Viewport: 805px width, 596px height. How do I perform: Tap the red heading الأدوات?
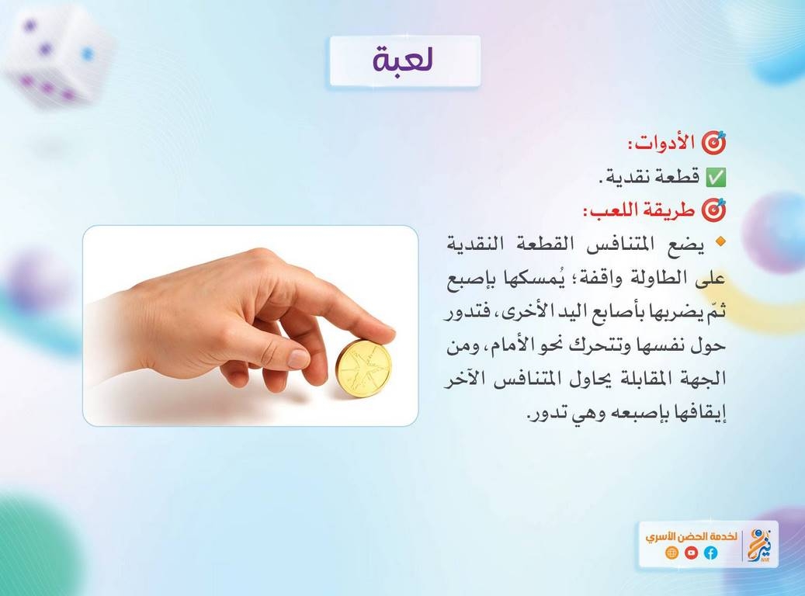661,143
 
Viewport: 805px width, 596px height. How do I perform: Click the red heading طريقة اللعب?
639,210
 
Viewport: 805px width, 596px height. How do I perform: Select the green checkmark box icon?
716,177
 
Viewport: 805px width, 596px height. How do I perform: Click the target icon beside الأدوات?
714,143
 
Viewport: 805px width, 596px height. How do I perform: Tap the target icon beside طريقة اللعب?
714,210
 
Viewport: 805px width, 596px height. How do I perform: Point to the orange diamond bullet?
721,241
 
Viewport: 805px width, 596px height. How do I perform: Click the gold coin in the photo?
363,368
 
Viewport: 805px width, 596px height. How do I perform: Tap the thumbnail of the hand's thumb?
298,358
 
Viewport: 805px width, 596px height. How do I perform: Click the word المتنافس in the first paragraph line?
618,244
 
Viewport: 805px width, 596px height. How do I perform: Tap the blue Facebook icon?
710,553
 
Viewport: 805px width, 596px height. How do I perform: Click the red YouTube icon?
691,553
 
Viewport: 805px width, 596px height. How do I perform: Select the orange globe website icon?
671,553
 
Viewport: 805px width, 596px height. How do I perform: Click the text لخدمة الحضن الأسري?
691,536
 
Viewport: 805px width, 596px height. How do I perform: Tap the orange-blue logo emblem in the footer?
760,546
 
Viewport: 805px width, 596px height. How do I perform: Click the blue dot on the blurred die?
88,54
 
